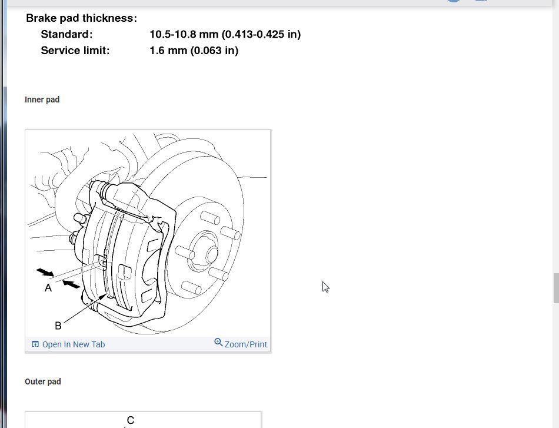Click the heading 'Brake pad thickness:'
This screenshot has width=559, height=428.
click(81, 18)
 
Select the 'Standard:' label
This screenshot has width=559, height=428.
click(66, 34)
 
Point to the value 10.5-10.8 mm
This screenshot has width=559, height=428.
click(184, 34)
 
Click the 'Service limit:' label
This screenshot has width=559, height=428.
click(75, 50)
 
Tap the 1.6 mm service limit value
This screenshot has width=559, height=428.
click(168, 50)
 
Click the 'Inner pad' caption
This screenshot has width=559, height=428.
click(42, 99)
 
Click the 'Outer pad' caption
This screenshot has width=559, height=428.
click(43, 381)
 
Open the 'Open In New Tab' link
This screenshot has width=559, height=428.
click(74, 344)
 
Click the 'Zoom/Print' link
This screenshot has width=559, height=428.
click(245, 344)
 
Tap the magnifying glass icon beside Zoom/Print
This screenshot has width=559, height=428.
click(218, 343)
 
